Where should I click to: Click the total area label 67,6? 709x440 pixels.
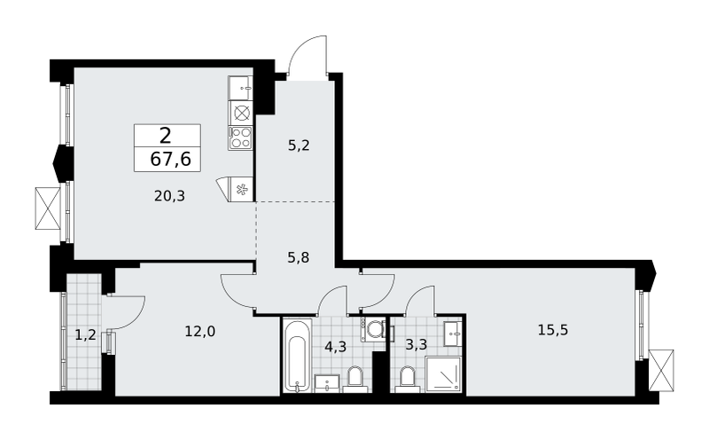170,160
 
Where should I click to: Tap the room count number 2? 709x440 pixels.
166,136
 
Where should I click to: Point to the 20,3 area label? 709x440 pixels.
169,196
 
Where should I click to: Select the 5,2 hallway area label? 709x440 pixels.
299,145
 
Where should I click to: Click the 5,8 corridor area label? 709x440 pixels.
299,257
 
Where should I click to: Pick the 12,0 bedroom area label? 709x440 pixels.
200,332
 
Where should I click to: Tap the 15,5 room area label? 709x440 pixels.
553,330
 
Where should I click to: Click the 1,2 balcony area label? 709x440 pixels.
85,335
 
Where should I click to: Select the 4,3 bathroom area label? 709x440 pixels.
336,347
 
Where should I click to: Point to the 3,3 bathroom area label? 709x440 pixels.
416,345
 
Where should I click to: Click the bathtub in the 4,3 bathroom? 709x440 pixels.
298,356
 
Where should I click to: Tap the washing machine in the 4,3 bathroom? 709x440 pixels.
373,329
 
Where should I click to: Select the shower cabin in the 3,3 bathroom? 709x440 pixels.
444,373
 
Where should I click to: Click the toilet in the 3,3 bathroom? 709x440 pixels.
408,380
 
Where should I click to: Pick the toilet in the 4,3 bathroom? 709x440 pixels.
354,380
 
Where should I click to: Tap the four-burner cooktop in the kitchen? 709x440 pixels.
240,137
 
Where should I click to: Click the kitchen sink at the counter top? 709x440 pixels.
241,89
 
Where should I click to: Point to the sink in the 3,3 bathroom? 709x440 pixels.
452,334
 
